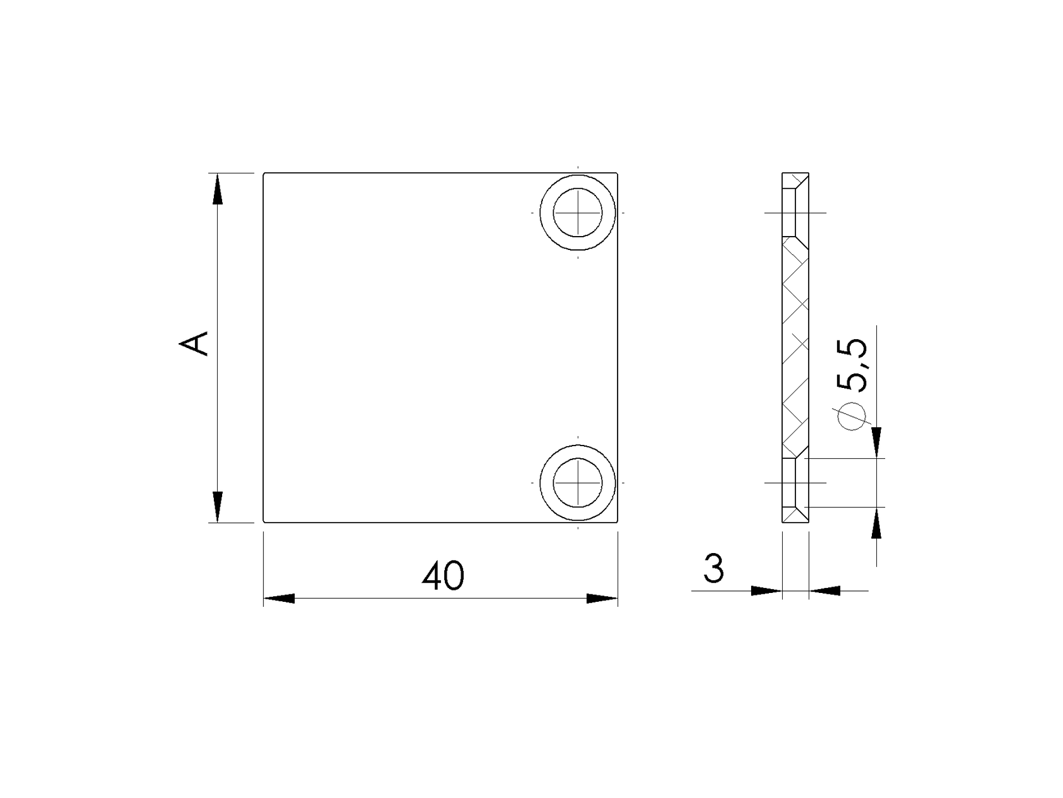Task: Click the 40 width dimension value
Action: (x=443, y=576)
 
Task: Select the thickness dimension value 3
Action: (x=713, y=569)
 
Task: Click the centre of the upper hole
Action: (x=577, y=213)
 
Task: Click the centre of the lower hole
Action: (x=577, y=482)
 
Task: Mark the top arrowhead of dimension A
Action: (x=217, y=189)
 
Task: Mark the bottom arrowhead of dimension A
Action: (x=217, y=506)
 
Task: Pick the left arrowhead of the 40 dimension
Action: (x=279, y=598)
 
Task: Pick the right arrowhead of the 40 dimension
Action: (x=602, y=598)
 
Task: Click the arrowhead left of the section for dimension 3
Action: (x=766, y=590)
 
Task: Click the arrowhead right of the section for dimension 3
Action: (x=825, y=590)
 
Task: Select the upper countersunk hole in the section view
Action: (x=795, y=213)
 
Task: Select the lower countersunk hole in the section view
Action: (x=795, y=482)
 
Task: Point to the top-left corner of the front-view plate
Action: (x=264, y=173)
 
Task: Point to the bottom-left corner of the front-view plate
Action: (x=264, y=523)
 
